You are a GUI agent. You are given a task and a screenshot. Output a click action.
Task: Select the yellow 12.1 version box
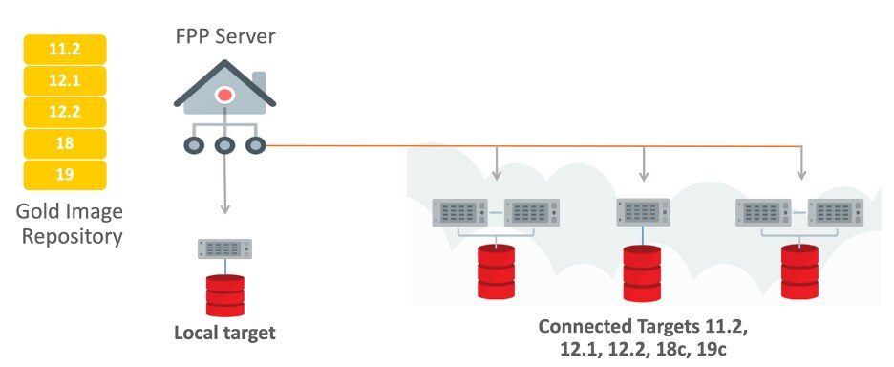(65, 81)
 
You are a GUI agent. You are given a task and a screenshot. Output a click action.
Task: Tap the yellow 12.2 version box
(65, 113)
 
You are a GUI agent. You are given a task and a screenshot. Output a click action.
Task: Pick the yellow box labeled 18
(65, 144)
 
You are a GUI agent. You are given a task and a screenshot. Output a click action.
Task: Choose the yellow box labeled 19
(65, 176)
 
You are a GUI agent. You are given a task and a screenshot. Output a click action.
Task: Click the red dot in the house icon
(224, 95)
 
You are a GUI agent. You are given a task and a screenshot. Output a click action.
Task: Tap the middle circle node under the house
(224, 146)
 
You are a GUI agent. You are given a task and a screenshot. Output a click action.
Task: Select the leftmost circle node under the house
(194, 146)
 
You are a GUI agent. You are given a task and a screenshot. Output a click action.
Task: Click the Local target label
(224, 334)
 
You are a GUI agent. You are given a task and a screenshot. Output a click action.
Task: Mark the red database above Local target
(224, 295)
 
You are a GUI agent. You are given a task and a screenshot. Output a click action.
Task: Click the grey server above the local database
(224, 249)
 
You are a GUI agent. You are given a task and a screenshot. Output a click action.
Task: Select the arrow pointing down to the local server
(224, 208)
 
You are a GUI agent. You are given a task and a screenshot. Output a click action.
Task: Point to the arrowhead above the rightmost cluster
(801, 174)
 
